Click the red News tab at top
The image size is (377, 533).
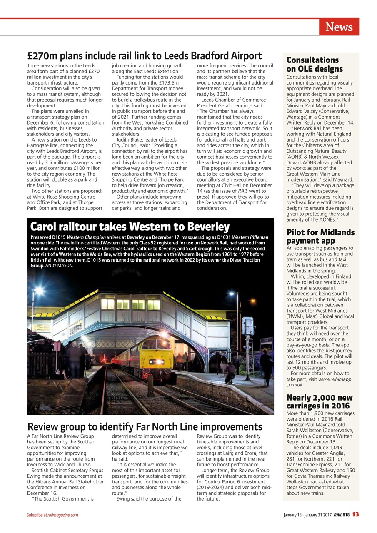tap(339, 27)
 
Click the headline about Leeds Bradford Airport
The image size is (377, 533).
tap(144, 56)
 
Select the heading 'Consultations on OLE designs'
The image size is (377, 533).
tap(315, 65)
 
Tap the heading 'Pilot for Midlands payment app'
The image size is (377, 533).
tap(320, 236)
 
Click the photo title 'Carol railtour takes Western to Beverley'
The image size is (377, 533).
tap(130, 227)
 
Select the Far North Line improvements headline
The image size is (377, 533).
tap(145, 427)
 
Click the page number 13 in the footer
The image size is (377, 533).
tap(355, 514)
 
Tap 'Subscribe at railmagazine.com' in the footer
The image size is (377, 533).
tap(52, 515)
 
